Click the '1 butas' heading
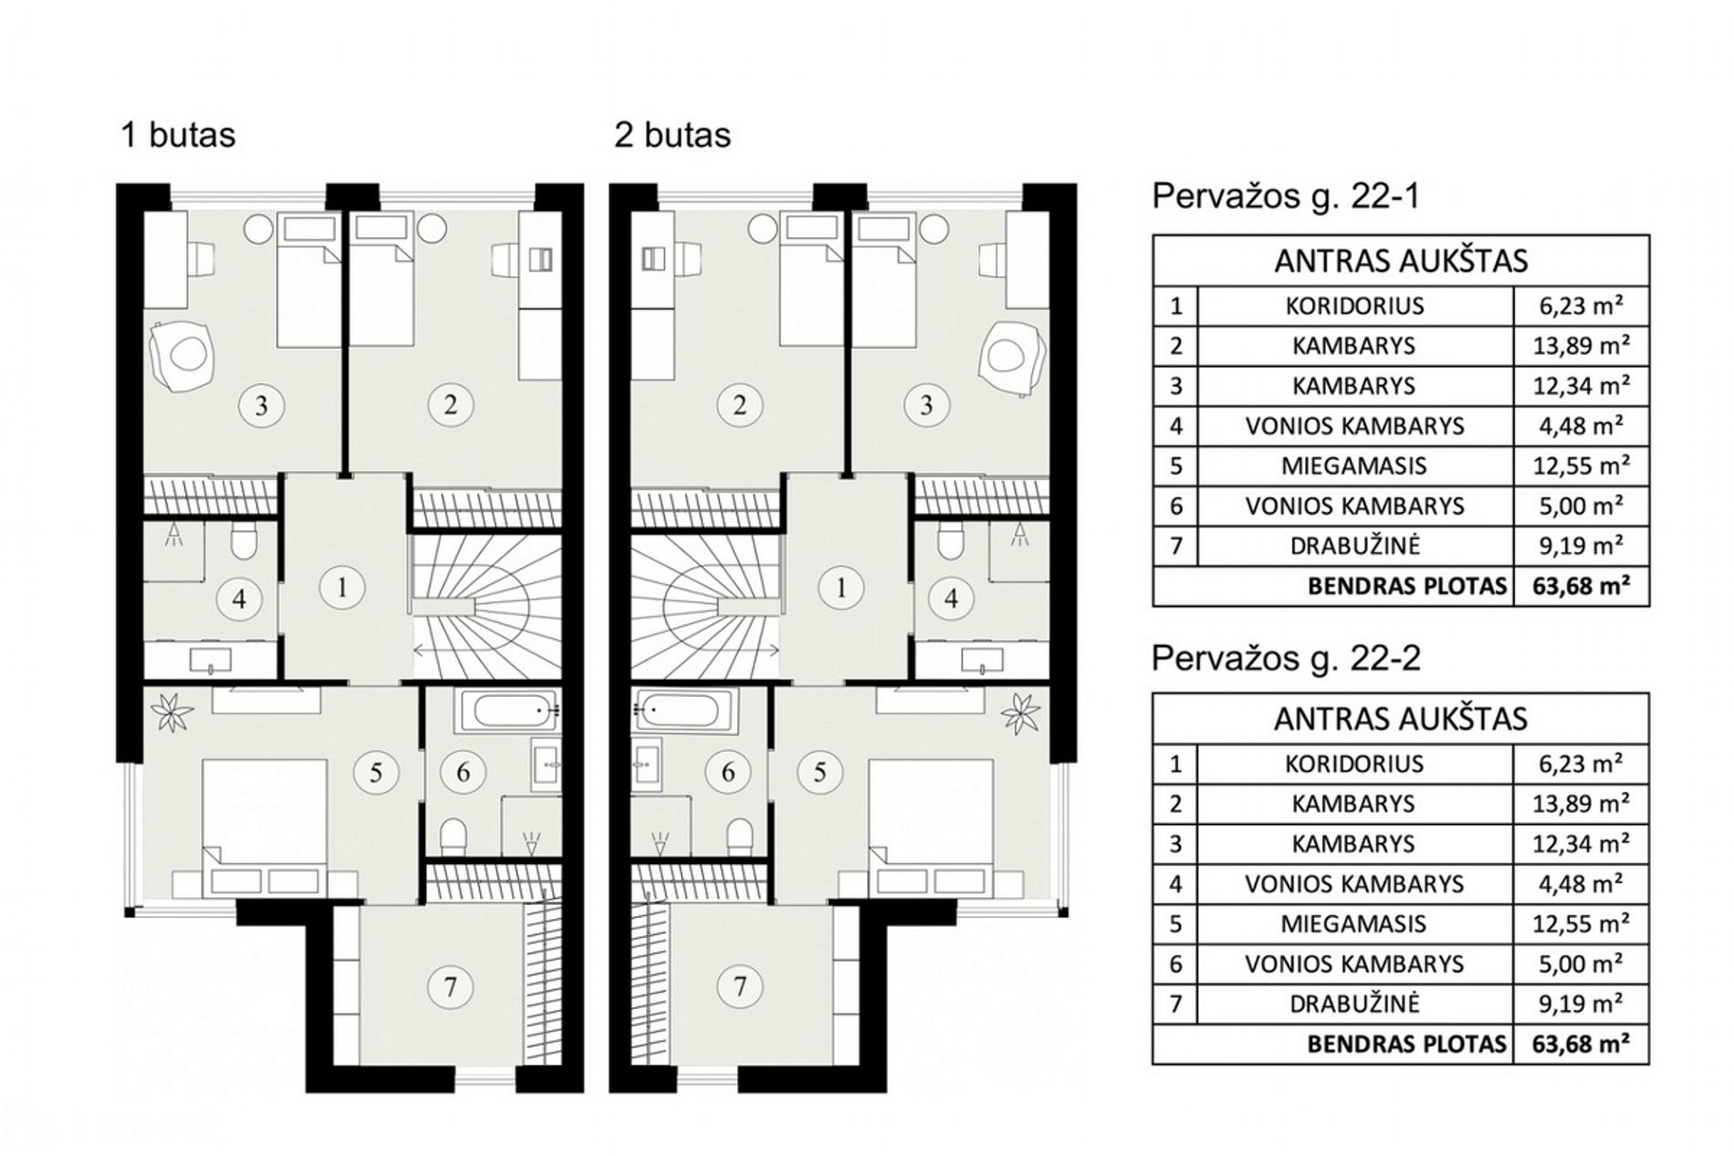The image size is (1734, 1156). pos(179,135)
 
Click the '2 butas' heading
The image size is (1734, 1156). pos(673,135)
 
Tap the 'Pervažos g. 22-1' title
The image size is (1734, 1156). pos(1286,196)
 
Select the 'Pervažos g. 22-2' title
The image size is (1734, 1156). pos(1286,658)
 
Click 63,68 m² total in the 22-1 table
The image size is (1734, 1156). pos(1581,586)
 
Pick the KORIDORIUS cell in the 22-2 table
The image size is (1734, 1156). pos(1354,763)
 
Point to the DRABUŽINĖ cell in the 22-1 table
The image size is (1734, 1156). pos(1355,546)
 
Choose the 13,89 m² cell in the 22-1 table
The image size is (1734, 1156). pos(1582,345)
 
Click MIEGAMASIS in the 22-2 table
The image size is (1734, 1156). pos(1353,923)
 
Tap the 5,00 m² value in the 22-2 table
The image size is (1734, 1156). pos(1582,963)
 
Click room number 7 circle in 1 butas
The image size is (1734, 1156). pos(450,986)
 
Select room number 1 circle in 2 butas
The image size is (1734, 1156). pos(841,588)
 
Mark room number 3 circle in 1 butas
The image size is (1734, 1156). pos(262,404)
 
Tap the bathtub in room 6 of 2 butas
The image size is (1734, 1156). pos(684,711)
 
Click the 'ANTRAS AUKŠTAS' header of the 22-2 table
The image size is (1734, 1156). pos(1401,719)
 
